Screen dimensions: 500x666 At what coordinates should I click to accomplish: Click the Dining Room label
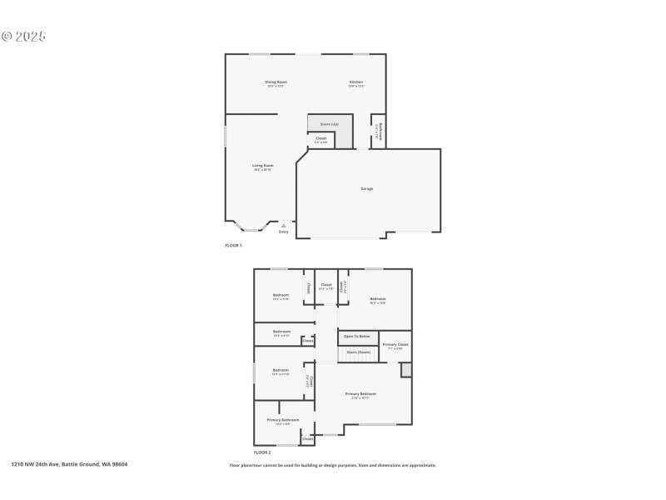[276, 82]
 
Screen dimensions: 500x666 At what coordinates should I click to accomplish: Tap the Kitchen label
[356, 82]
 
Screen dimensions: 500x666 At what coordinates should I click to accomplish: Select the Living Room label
[263, 165]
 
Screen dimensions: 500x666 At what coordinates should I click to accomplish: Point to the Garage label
[366, 188]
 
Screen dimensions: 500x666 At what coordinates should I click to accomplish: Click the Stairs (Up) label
[328, 124]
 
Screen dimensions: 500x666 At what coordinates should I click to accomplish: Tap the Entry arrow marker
[283, 224]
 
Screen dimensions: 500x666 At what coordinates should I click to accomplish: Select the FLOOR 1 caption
[233, 245]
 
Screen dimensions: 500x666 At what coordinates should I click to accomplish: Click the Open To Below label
[357, 336]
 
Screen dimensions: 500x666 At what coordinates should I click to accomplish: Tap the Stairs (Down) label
[358, 352]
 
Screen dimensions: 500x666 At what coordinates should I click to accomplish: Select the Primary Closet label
[395, 344]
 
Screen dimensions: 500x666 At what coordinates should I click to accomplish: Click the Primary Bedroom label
[361, 393]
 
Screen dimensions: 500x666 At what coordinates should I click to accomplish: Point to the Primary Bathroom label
[283, 420]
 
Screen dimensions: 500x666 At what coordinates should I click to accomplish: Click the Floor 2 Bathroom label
[281, 332]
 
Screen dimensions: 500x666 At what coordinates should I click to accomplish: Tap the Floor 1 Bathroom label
[377, 132]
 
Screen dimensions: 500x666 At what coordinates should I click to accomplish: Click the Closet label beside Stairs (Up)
[321, 138]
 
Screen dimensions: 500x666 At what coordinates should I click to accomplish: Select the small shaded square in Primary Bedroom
[405, 370]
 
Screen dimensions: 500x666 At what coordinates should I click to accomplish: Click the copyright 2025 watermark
[23, 36]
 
